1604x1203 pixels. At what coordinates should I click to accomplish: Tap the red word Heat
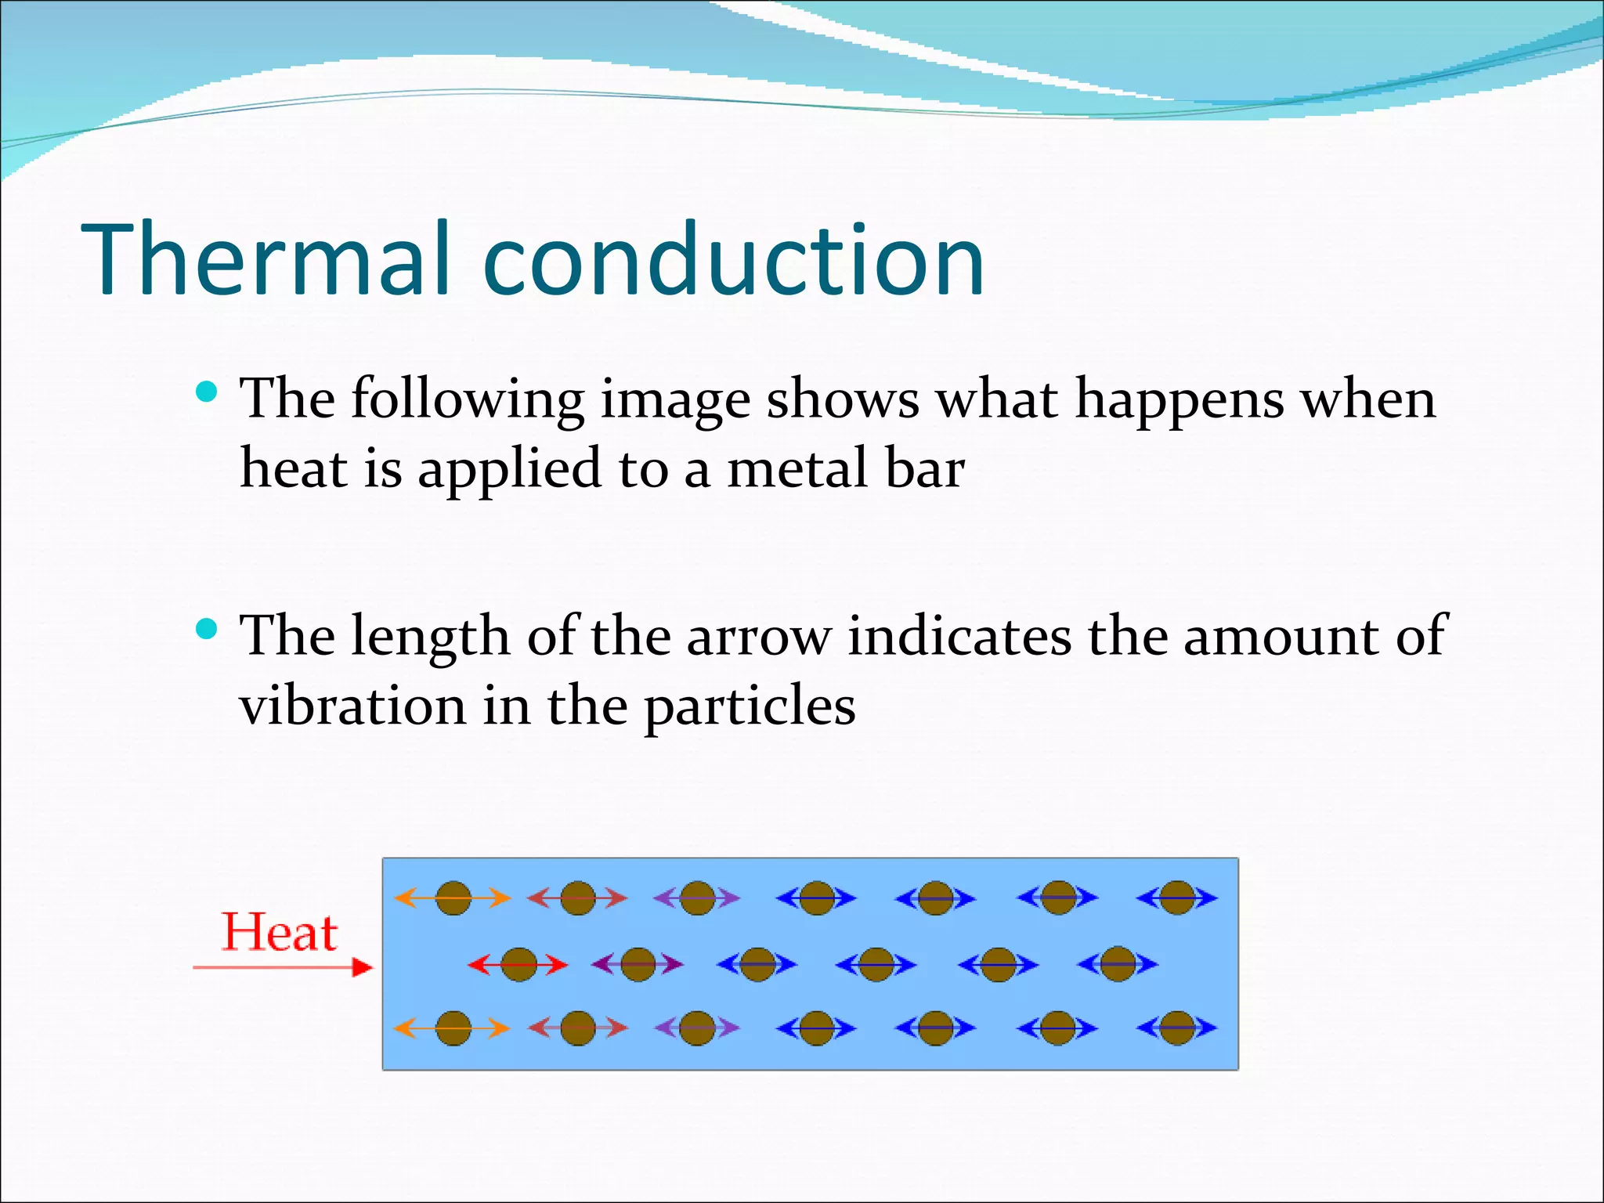[x=280, y=933]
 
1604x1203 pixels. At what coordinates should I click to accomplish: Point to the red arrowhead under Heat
[x=362, y=967]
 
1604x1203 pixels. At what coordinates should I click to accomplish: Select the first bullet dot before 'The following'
[x=206, y=392]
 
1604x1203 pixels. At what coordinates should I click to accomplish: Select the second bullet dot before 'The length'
[x=206, y=628]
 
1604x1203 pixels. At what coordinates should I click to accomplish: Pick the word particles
[x=750, y=707]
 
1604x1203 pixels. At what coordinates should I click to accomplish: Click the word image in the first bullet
[x=674, y=399]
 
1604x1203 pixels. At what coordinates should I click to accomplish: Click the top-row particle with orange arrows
[x=453, y=898]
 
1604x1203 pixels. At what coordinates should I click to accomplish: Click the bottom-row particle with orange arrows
[x=453, y=1028]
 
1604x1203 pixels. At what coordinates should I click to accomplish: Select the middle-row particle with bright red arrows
[x=518, y=964]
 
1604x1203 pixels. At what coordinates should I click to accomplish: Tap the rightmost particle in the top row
[x=1176, y=898]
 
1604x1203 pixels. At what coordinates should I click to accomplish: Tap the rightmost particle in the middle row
[x=1117, y=964]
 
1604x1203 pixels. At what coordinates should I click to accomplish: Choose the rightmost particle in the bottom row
[x=1176, y=1028]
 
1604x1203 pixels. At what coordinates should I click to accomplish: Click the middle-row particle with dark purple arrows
[x=638, y=964]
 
